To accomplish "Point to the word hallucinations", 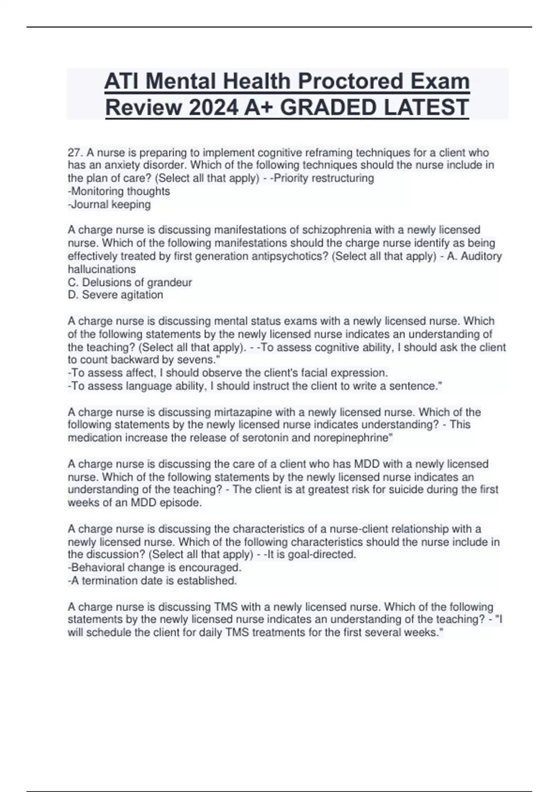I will point(102,269).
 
